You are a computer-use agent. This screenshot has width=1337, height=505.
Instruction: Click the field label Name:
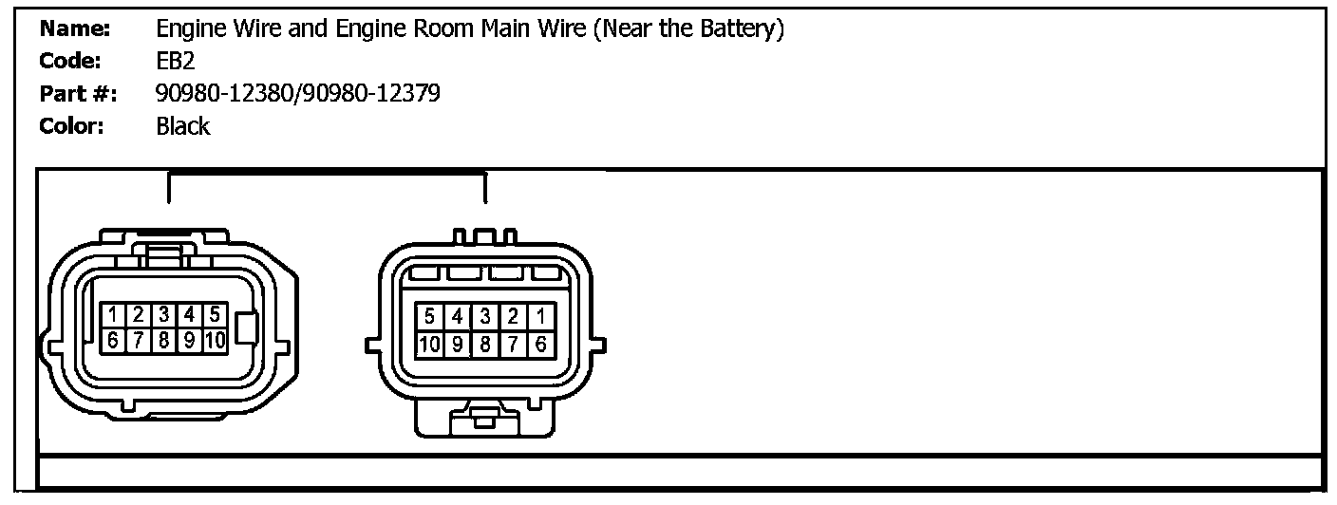click(x=74, y=29)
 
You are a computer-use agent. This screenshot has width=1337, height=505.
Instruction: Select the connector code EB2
click(x=176, y=62)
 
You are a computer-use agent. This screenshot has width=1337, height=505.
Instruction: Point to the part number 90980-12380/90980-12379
click(x=297, y=93)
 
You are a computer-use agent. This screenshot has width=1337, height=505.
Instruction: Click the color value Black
click(x=182, y=126)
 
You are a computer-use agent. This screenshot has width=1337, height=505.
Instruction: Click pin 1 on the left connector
click(x=113, y=314)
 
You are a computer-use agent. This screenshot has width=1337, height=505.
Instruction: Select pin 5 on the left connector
click(x=216, y=314)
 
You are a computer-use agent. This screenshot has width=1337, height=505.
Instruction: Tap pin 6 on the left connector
click(x=113, y=340)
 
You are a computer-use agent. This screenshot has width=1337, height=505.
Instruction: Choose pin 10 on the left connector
click(x=216, y=340)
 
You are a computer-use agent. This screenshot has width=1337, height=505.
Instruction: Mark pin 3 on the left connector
click(x=164, y=314)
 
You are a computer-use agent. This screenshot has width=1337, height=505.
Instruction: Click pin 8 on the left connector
click(x=164, y=340)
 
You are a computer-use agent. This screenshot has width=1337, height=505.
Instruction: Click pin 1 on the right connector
click(x=540, y=316)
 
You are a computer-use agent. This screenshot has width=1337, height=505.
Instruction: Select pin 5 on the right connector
click(x=430, y=316)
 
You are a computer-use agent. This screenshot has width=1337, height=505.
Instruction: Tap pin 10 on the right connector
click(x=429, y=345)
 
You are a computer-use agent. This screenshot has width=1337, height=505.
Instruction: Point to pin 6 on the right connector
click(x=540, y=345)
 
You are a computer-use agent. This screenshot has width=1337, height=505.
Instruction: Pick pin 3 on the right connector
click(x=485, y=316)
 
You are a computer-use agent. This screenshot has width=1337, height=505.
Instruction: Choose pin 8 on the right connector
click(x=485, y=345)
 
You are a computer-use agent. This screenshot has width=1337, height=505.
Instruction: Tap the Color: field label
click(x=71, y=126)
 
